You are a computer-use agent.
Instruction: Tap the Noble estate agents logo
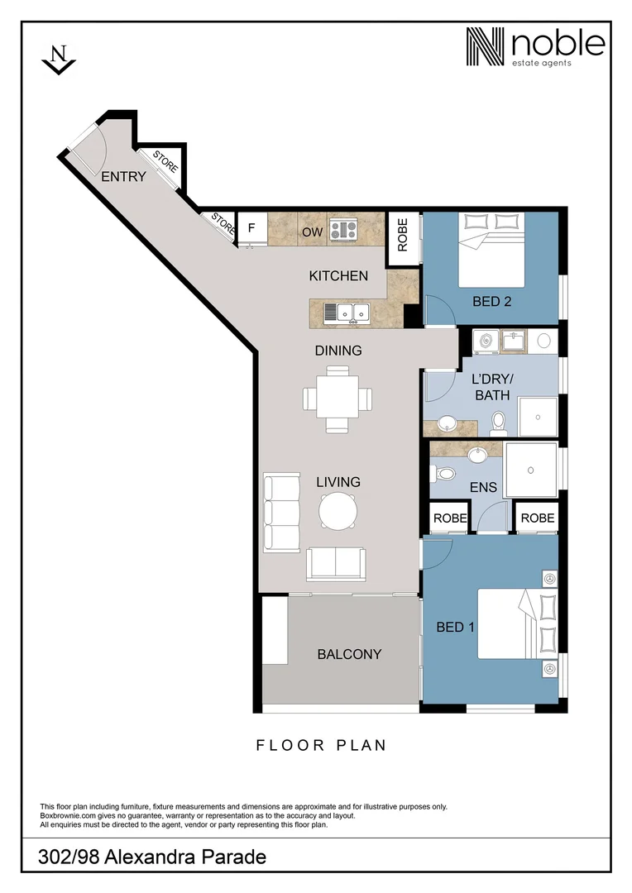click(x=534, y=47)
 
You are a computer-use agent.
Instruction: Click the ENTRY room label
click(x=123, y=176)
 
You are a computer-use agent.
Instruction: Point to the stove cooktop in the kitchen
click(x=342, y=229)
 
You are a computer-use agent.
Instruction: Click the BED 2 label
click(x=491, y=301)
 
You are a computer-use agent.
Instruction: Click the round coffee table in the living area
click(x=338, y=511)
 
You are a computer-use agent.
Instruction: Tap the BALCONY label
click(x=349, y=654)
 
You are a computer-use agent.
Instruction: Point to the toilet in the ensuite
click(x=445, y=475)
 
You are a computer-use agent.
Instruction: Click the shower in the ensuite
click(x=530, y=469)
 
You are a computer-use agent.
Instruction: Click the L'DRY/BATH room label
click(x=491, y=387)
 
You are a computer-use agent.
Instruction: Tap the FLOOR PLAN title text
click(x=321, y=745)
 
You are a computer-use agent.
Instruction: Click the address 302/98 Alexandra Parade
click(x=152, y=857)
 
